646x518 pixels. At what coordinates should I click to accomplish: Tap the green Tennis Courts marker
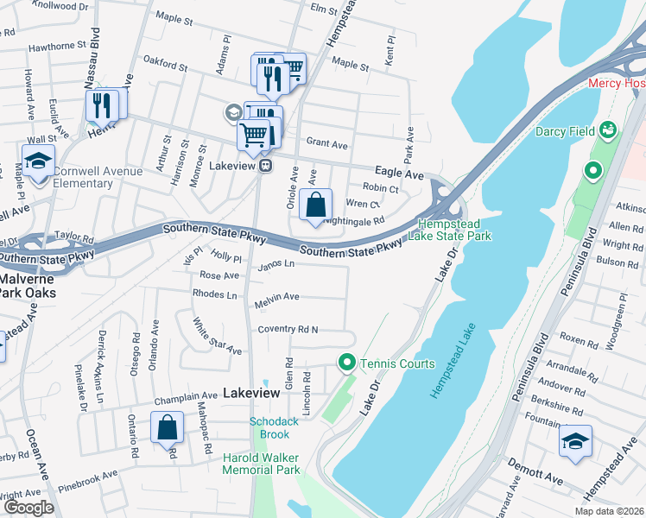pos(347,363)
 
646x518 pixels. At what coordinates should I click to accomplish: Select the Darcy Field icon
pos(610,130)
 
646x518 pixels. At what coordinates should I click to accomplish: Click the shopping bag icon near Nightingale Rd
pos(317,205)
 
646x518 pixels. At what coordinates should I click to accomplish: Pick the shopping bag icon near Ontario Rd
pos(167,426)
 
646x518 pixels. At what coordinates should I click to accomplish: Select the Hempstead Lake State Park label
pos(455,229)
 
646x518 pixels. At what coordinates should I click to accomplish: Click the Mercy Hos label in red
pos(616,84)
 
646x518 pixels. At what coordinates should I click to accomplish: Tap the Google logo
pos(28,508)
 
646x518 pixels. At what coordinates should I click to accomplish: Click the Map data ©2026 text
pos(609,511)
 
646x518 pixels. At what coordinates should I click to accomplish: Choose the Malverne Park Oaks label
pos(28,286)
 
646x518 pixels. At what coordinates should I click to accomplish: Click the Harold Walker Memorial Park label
pos(262,464)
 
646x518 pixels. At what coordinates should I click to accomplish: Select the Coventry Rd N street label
pos(287,330)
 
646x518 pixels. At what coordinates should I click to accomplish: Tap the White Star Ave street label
pos(216,337)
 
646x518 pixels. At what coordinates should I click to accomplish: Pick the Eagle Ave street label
pos(398,174)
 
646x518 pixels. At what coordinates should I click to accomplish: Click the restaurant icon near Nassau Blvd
pos(103,105)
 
